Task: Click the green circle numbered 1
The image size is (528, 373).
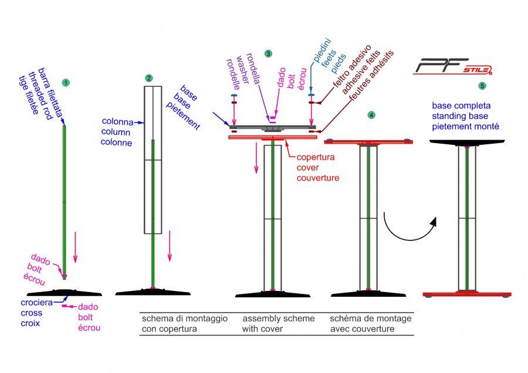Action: pyautogui.click(x=66, y=83)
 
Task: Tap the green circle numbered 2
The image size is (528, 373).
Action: pyautogui.click(x=149, y=78)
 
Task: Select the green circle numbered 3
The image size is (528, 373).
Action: pyautogui.click(x=268, y=53)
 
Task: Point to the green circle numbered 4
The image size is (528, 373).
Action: pyautogui.click(x=371, y=115)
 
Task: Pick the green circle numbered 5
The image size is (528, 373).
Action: pyautogui.click(x=482, y=86)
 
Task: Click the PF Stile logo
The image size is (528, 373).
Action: pyautogui.click(x=452, y=66)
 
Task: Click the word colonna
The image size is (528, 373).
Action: pyautogui.click(x=117, y=121)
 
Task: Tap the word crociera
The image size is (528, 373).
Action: pyautogui.click(x=37, y=302)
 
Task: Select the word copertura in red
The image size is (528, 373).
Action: pyautogui.click(x=316, y=157)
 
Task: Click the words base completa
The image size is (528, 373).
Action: pyautogui.click(x=461, y=106)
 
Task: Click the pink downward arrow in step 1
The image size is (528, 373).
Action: pyautogui.click(x=76, y=247)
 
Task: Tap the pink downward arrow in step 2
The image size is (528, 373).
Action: pyautogui.click(x=170, y=246)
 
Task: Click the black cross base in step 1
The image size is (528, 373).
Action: pyautogui.click(x=65, y=292)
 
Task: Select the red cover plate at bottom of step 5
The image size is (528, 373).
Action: pyautogui.click(x=467, y=294)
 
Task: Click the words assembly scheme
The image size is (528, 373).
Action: pyautogui.click(x=279, y=318)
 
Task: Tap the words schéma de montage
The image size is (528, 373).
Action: pyautogui.click(x=370, y=318)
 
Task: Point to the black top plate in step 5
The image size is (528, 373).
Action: pyautogui.click(x=467, y=143)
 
